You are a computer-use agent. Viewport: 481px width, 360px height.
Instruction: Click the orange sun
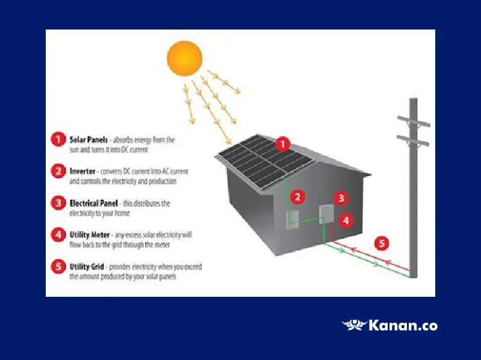(184, 58)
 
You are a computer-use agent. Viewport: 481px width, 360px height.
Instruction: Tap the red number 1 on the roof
(283, 144)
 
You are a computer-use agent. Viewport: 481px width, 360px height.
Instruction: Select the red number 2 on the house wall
(297, 197)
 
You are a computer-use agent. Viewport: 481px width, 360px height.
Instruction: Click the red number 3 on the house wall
(341, 199)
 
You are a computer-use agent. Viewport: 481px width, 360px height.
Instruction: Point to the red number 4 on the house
(346, 220)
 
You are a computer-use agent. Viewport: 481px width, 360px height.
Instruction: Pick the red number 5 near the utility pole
(382, 243)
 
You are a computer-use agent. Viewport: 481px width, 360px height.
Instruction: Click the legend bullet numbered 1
(58, 139)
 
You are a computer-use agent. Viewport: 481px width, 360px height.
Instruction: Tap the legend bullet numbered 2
(58, 171)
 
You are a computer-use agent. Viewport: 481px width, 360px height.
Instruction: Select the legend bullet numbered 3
(58, 203)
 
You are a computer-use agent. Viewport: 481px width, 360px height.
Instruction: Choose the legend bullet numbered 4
(58, 235)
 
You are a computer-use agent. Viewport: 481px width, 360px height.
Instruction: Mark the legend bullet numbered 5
(58, 266)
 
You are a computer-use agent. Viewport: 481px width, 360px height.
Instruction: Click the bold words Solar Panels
(88, 140)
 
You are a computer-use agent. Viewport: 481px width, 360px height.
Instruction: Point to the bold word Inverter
(82, 171)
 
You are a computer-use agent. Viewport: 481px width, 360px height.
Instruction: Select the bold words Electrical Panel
(93, 203)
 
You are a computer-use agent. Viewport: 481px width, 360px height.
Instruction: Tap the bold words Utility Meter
(90, 235)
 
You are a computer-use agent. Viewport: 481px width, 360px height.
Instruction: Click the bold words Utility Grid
(87, 267)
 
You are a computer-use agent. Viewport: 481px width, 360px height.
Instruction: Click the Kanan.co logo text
(403, 325)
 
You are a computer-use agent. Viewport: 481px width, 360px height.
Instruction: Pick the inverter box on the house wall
(293, 219)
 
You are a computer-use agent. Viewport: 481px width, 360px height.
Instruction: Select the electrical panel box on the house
(326, 214)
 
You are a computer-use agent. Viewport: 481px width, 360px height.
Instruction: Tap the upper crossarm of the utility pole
(414, 121)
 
